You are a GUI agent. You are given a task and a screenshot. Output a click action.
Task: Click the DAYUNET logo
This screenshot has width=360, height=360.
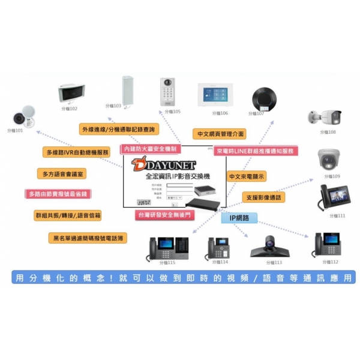coord(154,163)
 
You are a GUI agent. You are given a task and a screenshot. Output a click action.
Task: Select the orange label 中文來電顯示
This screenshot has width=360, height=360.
coord(247,177)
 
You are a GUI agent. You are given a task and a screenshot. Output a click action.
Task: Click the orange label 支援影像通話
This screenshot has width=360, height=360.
coord(263,197)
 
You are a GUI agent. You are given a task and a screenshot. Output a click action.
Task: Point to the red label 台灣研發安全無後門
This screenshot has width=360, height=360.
coord(163,214)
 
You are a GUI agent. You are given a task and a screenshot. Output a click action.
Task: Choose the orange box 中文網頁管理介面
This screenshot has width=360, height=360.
coord(218,134)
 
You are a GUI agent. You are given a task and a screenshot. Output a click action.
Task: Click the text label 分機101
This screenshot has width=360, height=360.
coord(15,130)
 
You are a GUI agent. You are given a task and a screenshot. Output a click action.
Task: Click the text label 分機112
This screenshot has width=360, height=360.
coord(329,262)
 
